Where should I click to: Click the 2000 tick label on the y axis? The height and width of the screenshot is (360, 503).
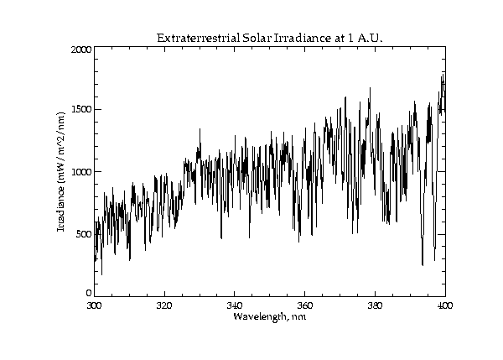80,50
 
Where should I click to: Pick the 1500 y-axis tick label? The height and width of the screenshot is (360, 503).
80,110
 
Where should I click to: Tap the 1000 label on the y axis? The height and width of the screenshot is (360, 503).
80,172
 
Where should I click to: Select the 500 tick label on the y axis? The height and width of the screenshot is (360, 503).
83,233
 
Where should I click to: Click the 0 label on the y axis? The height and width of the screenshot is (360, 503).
88,293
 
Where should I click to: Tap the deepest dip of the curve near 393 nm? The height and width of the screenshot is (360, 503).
423,265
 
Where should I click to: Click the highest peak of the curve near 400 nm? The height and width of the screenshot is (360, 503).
443,75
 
